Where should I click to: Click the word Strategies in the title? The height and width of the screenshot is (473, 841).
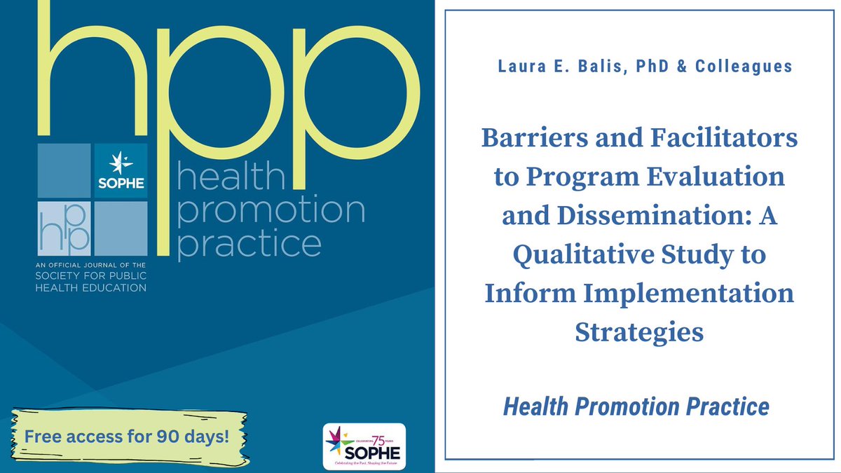638,332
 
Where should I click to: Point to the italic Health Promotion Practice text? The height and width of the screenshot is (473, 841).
636,406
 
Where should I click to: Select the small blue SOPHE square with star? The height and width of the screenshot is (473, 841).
121,170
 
